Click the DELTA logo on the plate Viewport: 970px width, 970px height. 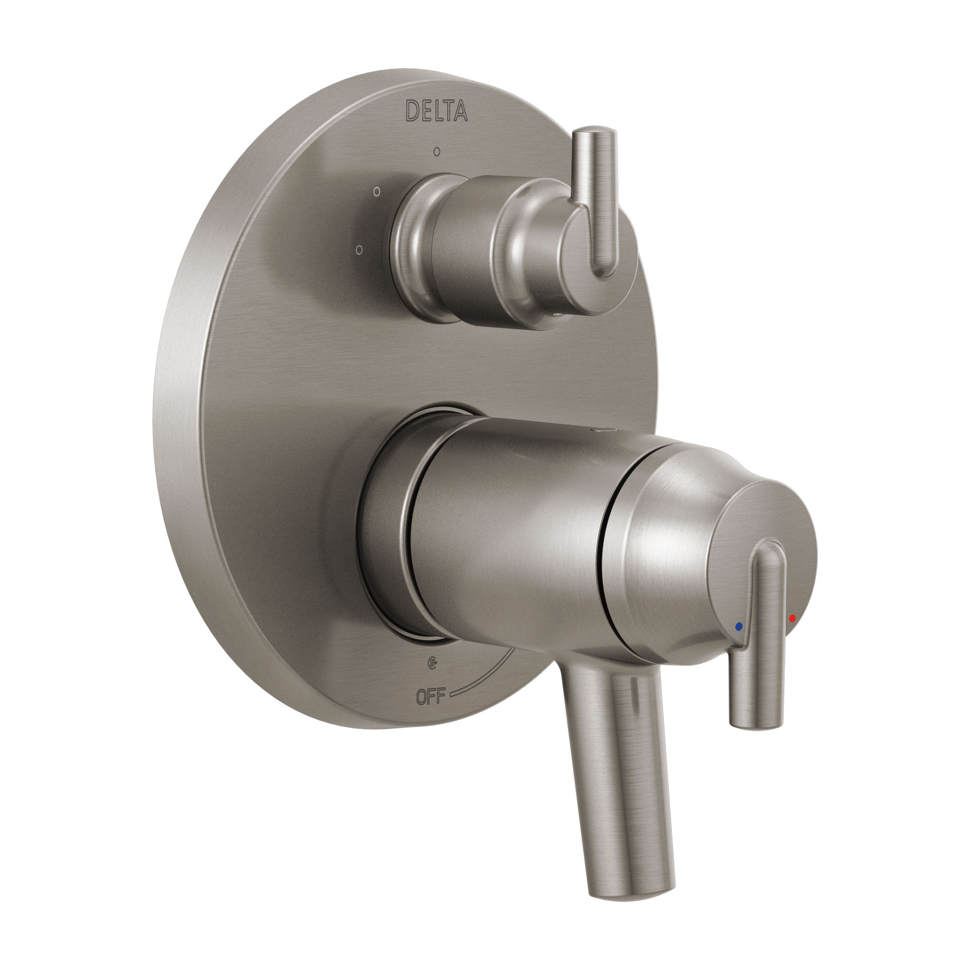tap(436, 111)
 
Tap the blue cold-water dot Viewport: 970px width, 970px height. tap(738, 627)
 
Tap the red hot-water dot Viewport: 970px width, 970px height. tap(792, 618)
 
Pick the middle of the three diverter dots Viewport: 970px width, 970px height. tap(376, 191)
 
